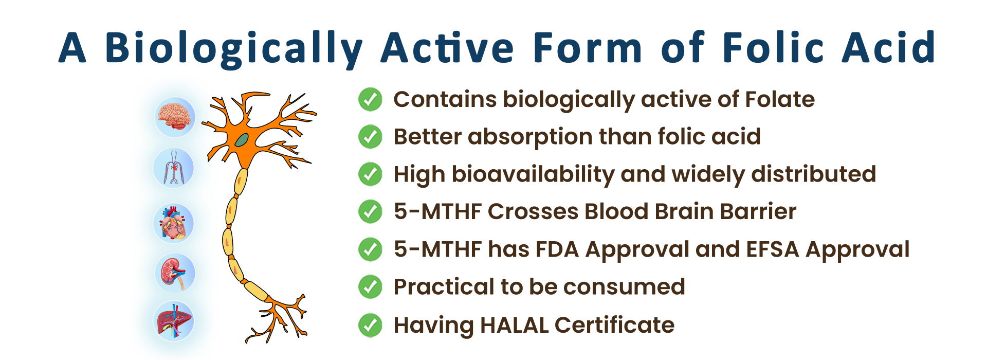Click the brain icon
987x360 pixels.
coord(175,117)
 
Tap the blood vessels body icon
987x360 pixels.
coord(174,168)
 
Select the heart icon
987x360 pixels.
coord(174,223)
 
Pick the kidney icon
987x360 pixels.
coord(175,273)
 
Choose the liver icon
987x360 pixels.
coord(174,321)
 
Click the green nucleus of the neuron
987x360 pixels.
coord(242,139)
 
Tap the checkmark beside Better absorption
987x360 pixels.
coord(370,137)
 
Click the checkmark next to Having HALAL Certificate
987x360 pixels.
coord(370,325)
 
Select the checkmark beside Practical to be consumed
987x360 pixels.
coord(370,287)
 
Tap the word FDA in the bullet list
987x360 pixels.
coord(557,249)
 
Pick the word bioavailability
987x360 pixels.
coord(533,175)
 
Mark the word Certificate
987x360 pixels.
coord(614,325)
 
